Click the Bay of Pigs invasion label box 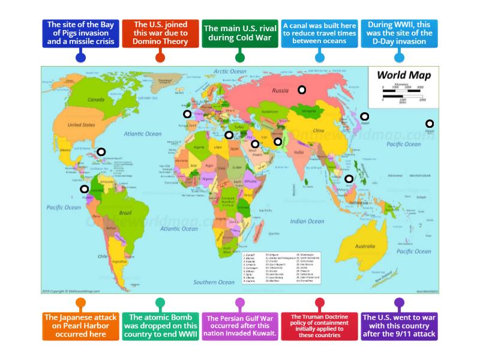click(x=80, y=34)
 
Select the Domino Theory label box click(x=160, y=34)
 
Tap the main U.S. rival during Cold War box click(x=239, y=34)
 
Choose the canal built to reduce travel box click(x=319, y=34)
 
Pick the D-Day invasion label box click(x=400, y=34)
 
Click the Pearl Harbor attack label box click(x=80, y=325)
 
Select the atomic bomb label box click(x=160, y=325)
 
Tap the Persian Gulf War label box click(x=239, y=325)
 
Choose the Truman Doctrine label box click(x=319, y=325)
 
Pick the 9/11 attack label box click(x=400, y=325)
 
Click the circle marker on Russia click(x=302, y=90)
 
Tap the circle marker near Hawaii click(x=430, y=124)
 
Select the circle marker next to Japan click(x=364, y=116)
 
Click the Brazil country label click(x=125, y=213)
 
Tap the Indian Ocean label click(x=307, y=221)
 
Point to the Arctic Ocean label click(x=230, y=71)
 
